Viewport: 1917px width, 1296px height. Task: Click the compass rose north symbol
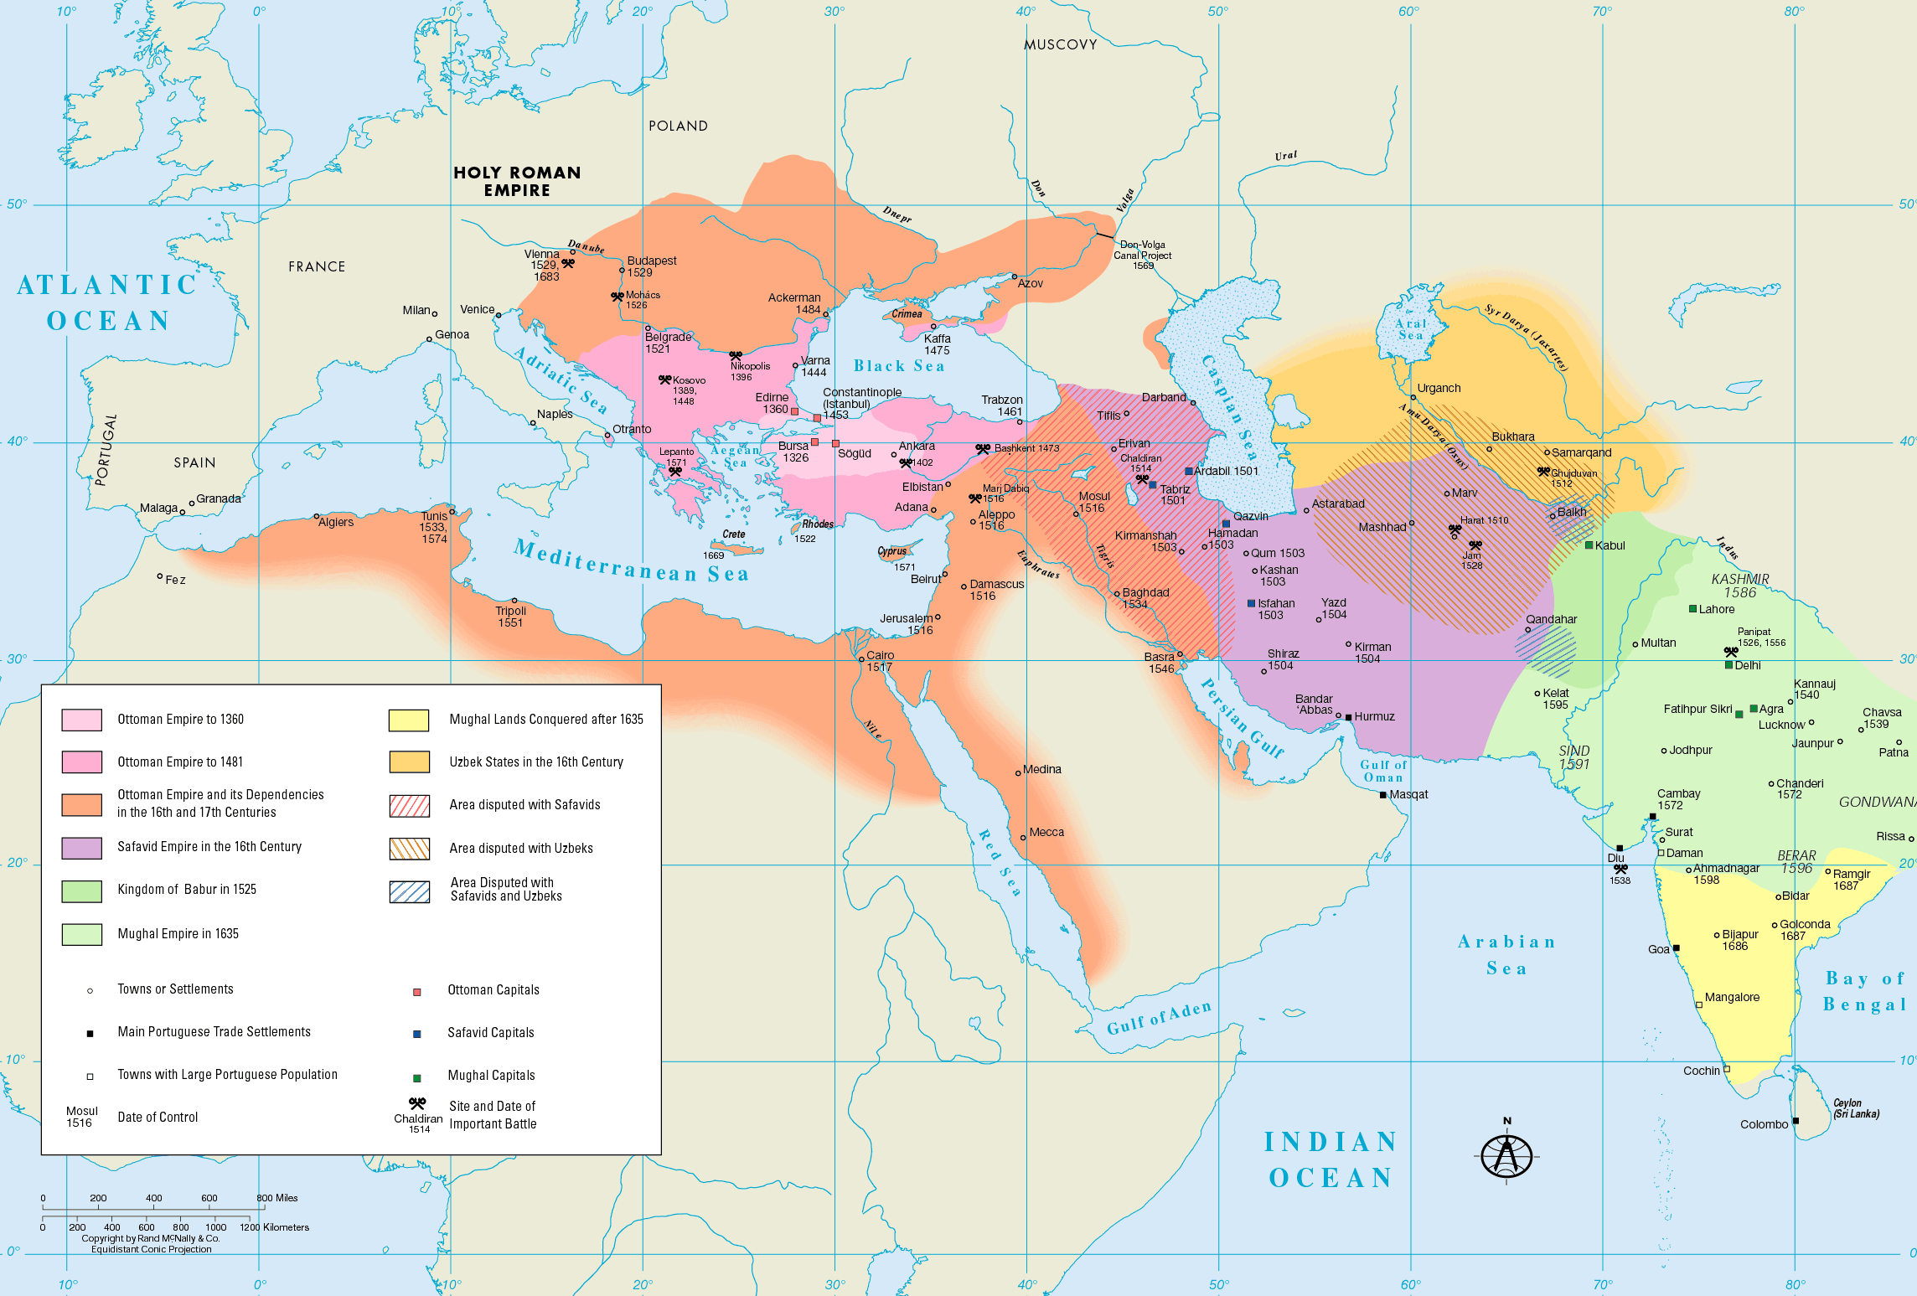[1506, 1155]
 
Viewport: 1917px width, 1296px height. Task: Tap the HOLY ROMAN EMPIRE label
[517, 181]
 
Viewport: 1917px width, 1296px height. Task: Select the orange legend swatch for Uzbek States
[409, 762]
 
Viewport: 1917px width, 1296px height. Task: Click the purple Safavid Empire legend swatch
[82, 848]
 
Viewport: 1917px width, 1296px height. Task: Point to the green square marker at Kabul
[1589, 545]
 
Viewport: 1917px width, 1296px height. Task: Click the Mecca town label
[1046, 832]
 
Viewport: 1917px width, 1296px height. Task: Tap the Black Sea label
[899, 366]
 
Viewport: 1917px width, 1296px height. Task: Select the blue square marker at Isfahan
[1251, 603]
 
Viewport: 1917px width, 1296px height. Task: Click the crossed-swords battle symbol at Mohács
[617, 297]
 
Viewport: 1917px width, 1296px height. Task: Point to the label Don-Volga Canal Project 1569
[1143, 255]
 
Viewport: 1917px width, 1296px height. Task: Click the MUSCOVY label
[1060, 44]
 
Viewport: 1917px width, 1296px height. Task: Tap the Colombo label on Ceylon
[1764, 1124]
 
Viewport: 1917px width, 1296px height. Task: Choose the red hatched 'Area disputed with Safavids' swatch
[409, 805]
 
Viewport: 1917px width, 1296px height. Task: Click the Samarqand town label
[1581, 452]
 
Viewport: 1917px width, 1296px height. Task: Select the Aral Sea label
[1411, 329]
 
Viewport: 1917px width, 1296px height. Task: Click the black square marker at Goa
[1676, 948]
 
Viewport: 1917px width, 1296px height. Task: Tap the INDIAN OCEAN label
[1330, 1159]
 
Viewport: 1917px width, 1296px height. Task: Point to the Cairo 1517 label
[880, 661]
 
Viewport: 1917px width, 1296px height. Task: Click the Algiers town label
[336, 522]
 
